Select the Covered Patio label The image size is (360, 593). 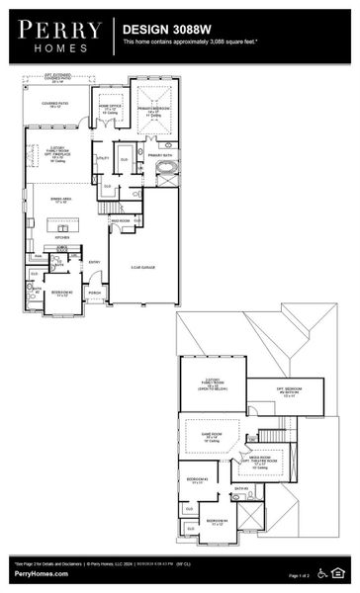[x=54, y=103]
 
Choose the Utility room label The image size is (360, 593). [x=102, y=157]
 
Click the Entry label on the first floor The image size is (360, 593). [x=95, y=262]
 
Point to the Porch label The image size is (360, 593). [x=95, y=293]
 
